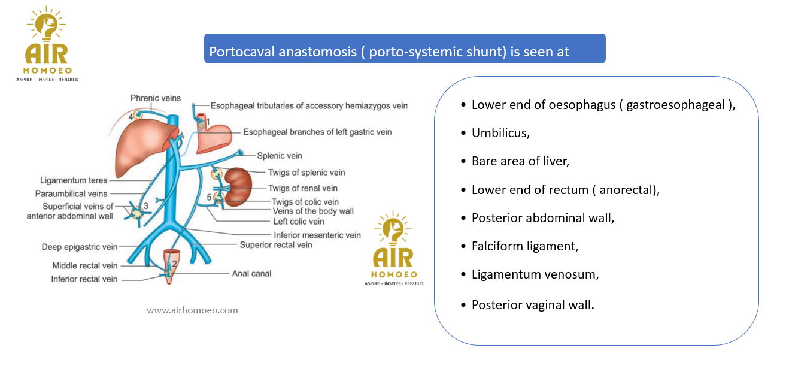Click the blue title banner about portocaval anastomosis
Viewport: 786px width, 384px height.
tap(405, 49)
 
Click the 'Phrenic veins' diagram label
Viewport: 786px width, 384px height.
tap(156, 98)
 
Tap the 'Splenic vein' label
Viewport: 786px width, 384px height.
tap(280, 156)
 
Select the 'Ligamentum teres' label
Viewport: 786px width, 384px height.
tap(74, 180)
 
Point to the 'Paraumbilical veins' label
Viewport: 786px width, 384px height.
tap(71, 193)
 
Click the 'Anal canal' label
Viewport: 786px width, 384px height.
tap(251, 273)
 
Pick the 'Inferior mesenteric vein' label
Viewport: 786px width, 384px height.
tap(317, 235)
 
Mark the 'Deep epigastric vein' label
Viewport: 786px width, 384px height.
tap(79, 247)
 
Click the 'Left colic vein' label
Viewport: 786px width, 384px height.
tap(299, 222)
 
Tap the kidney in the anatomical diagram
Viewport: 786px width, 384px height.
tap(239, 187)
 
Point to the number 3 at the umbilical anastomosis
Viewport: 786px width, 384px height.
tap(146, 206)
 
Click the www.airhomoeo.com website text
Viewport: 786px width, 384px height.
tap(192, 310)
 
